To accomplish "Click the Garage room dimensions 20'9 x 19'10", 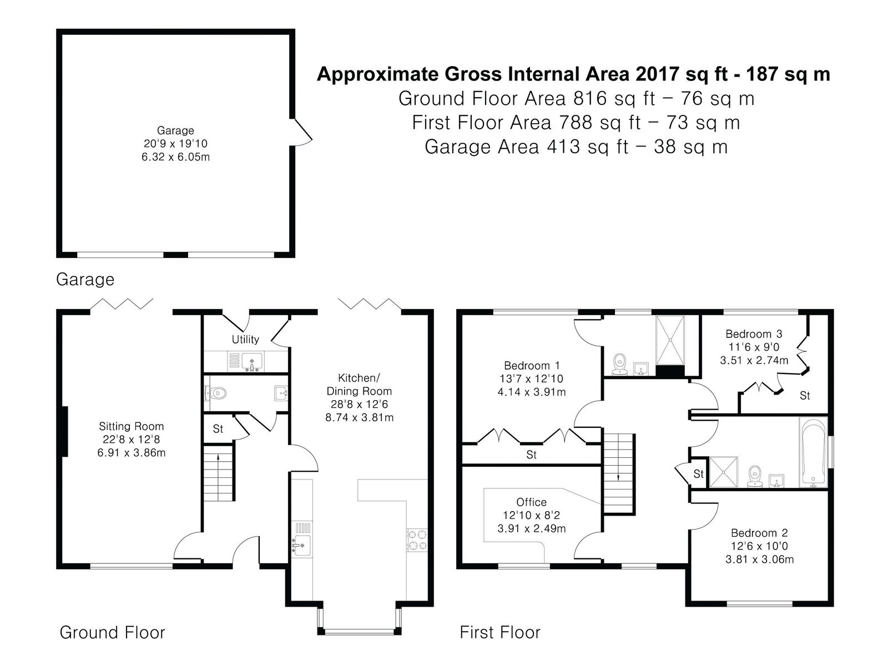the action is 175,144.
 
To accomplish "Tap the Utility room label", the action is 245,339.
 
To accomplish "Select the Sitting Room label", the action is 132,426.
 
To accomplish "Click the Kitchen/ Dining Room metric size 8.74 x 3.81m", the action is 359,417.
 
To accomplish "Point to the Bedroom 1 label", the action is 532,366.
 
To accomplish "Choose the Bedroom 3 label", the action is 754,334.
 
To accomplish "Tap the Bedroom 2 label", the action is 759,533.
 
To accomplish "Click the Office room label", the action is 531,502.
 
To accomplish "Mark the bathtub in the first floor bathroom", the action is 813,452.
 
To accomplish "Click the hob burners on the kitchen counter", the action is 417,540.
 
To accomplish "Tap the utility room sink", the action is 252,361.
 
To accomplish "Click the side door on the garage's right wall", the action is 302,132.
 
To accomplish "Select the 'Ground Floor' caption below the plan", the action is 113,633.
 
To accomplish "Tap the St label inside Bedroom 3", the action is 805,396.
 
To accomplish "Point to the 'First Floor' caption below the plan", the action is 500,633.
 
